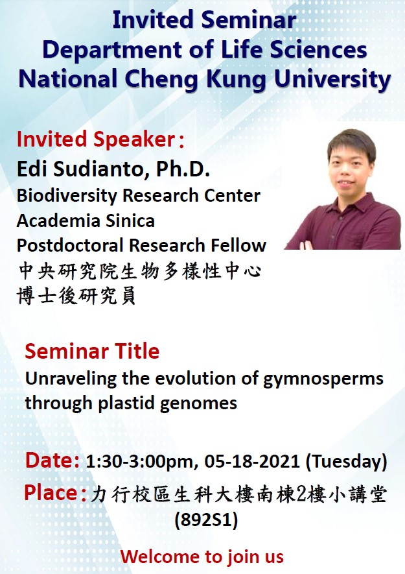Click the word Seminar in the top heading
point(249,20)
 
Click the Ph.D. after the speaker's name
point(183,169)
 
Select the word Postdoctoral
point(70,245)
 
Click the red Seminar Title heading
point(92,352)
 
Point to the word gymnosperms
point(323,379)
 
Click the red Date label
point(52,460)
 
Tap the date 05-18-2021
point(252,461)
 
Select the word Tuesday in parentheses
point(346,461)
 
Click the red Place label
point(55,493)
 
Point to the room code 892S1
point(206,520)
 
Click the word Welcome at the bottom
point(161,556)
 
